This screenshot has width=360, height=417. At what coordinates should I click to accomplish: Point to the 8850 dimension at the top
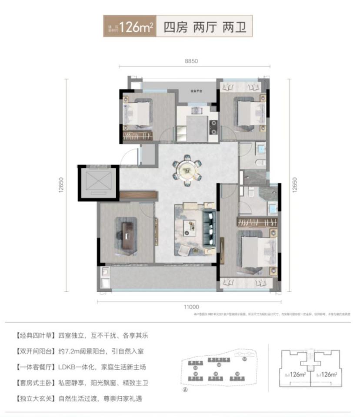191,61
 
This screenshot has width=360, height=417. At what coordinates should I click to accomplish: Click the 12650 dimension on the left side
61,185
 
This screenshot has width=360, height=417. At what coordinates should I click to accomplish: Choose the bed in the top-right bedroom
248,112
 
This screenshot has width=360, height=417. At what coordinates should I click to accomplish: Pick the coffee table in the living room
190,226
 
